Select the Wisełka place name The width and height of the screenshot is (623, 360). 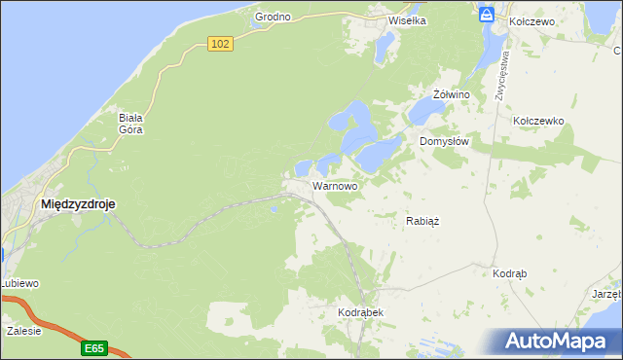click(x=409, y=18)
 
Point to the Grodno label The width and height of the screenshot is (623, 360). click(x=274, y=18)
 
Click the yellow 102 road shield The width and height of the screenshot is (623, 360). click(x=220, y=44)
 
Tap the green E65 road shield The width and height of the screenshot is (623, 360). click(x=94, y=347)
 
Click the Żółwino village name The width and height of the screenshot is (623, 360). click(x=452, y=94)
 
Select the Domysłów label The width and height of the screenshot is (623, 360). click(x=445, y=141)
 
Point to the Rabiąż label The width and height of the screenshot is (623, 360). click(x=422, y=221)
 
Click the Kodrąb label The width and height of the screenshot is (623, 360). click(x=510, y=274)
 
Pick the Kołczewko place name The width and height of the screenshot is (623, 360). click(x=538, y=121)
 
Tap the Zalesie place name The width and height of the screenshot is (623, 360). click(x=23, y=331)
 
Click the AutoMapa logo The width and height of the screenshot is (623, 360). click(x=556, y=342)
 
